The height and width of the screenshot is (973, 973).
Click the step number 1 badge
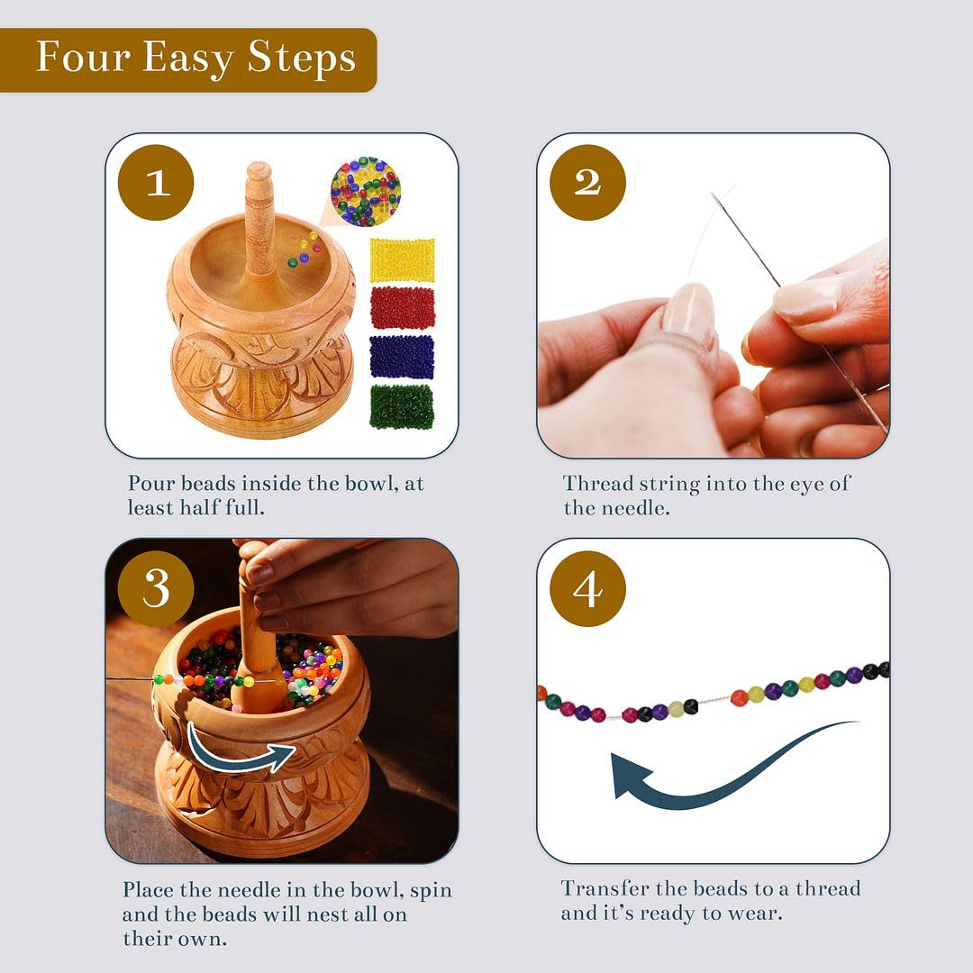click(156, 183)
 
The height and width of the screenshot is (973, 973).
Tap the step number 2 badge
click(587, 183)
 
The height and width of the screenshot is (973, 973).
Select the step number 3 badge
click(156, 589)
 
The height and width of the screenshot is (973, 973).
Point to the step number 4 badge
click(587, 589)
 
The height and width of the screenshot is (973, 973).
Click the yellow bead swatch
click(402, 259)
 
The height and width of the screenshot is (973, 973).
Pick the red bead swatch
click(402, 308)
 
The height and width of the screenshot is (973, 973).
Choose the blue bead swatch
click(402, 357)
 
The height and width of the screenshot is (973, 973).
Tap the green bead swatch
click(402, 405)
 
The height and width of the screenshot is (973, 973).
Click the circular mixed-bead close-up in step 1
click(365, 191)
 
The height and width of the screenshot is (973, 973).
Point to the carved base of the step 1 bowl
click(261, 387)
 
